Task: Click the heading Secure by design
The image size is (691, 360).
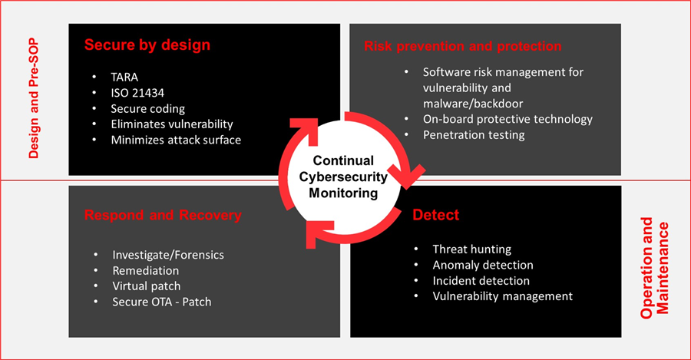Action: [147, 45]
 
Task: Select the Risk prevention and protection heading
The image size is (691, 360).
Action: [462, 46]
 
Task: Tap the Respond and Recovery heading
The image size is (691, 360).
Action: [163, 215]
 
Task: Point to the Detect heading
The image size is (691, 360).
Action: [436, 216]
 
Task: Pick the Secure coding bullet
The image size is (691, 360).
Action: [148, 108]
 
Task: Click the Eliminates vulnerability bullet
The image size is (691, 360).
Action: [172, 124]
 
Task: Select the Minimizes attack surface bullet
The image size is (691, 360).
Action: [176, 140]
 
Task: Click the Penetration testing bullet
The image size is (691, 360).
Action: [474, 134]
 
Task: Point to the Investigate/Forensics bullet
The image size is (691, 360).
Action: [169, 255]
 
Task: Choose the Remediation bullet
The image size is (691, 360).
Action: [146, 270]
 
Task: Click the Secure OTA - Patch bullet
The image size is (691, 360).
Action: [162, 302]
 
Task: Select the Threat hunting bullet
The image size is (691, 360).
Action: [472, 249]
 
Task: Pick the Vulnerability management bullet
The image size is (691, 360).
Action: [503, 296]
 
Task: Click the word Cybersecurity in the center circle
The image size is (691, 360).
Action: [344, 177]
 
